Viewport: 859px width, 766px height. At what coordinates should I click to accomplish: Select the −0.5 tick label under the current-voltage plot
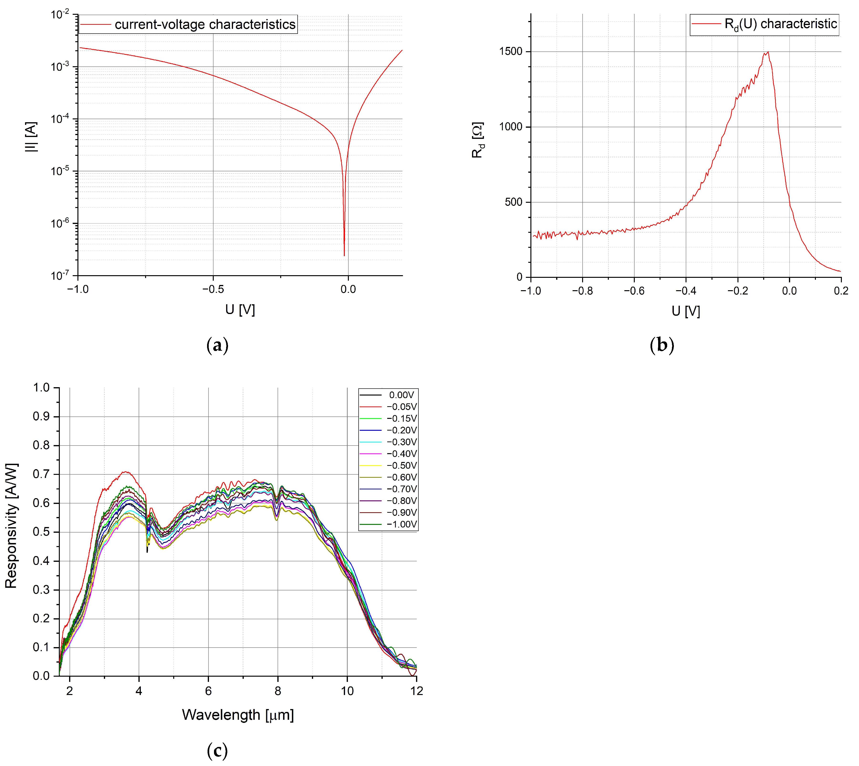[213, 289]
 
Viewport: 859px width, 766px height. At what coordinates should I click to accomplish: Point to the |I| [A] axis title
[31, 137]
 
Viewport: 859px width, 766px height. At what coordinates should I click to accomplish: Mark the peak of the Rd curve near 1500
[768, 52]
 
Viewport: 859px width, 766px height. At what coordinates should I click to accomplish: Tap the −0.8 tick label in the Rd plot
[583, 291]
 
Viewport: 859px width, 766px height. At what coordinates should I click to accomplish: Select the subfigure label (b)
[662, 345]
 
